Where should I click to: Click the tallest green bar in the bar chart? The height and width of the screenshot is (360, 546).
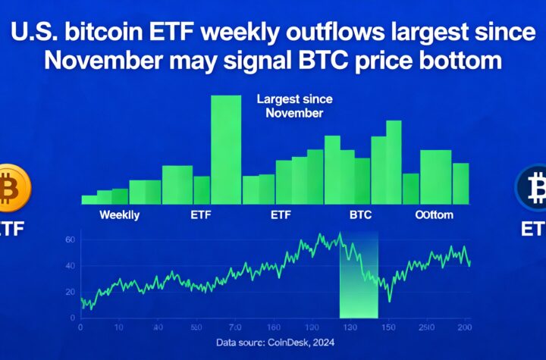(x=226, y=149)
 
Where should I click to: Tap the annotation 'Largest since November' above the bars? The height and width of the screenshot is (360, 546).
(x=290, y=106)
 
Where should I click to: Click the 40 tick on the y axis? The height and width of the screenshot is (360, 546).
(x=71, y=266)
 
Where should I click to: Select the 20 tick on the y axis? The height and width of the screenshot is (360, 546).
(x=71, y=292)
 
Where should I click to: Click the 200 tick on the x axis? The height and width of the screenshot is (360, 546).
(x=465, y=327)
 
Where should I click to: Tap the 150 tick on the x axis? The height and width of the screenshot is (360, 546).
(x=388, y=327)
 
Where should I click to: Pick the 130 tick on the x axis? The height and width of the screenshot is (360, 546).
(x=350, y=327)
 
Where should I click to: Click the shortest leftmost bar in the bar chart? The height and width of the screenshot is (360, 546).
(x=89, y=200)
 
